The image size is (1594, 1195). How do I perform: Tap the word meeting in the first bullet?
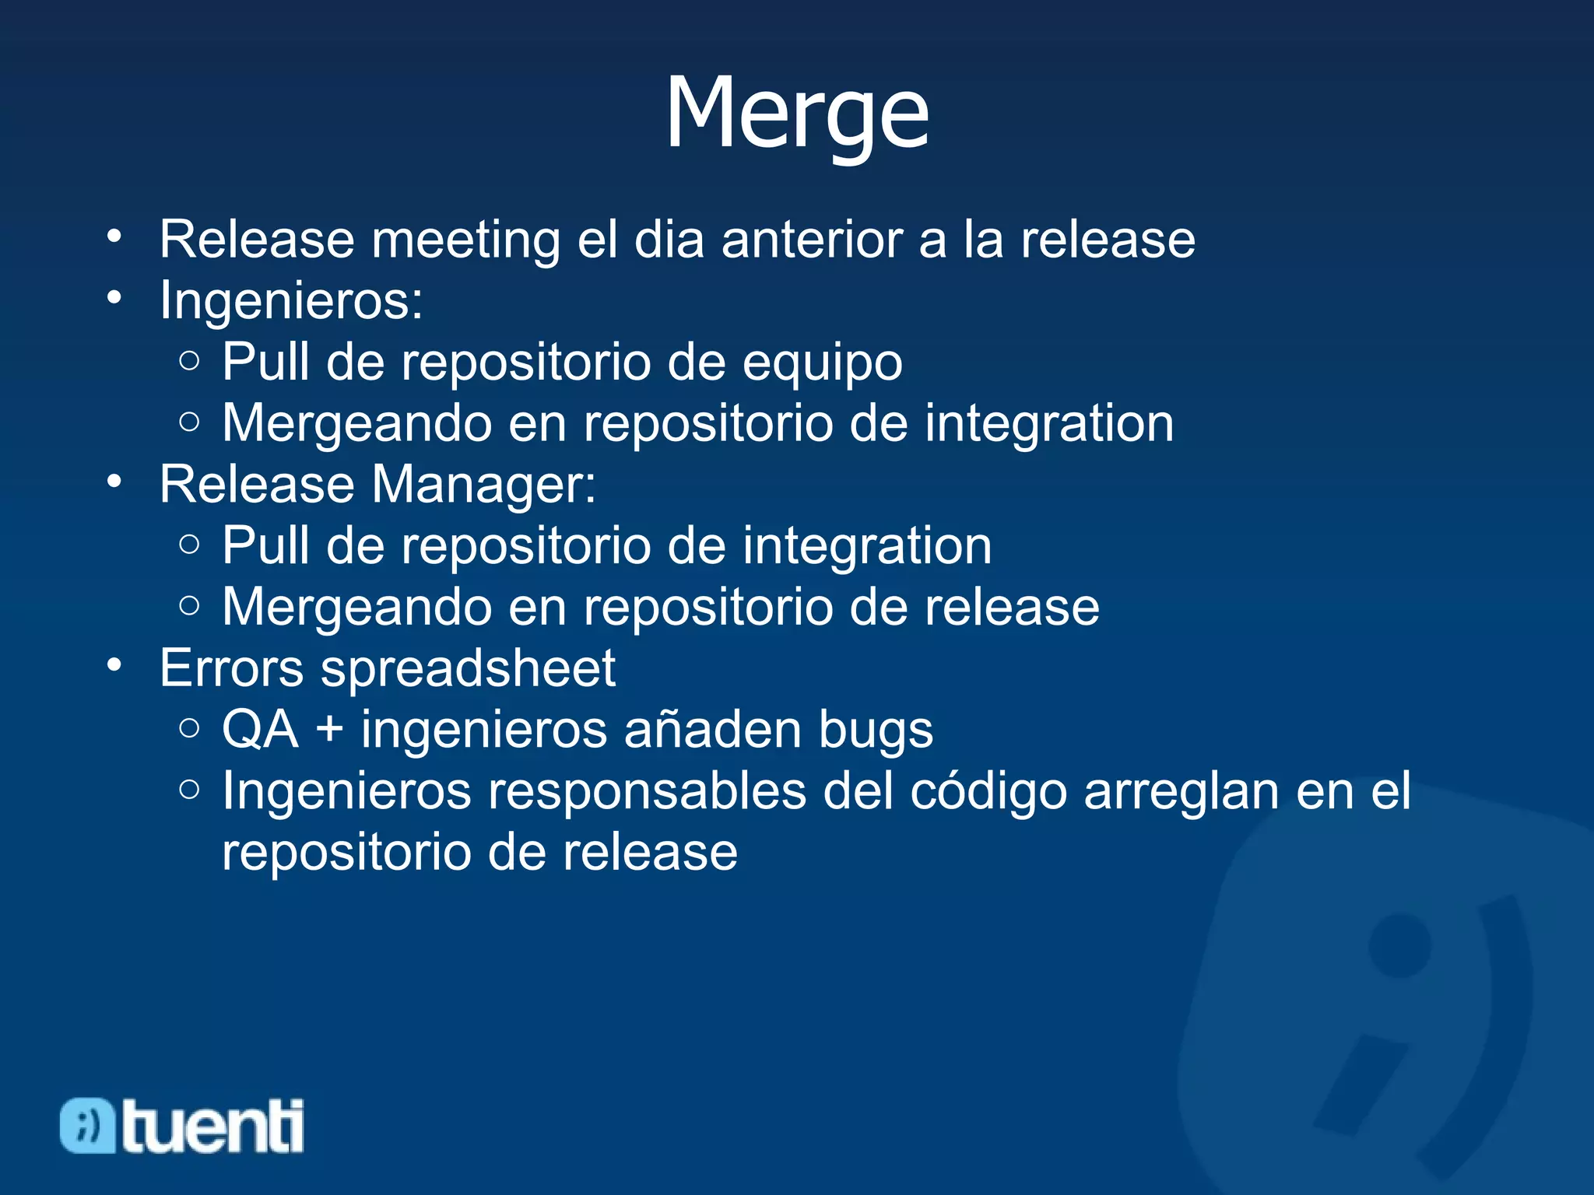coord(465,240)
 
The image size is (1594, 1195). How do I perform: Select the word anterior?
coord(811,240)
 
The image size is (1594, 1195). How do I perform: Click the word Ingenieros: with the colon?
coord(291,300)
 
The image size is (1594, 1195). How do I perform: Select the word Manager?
coord(483,485)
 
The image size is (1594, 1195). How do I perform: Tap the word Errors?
coord(231,668)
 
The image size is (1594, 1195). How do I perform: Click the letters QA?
coord(260,731)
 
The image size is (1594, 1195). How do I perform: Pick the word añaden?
coord(711,730)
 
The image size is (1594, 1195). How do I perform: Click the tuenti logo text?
coord(212,1127)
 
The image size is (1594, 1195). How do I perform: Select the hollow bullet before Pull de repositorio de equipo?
coord(189,360)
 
